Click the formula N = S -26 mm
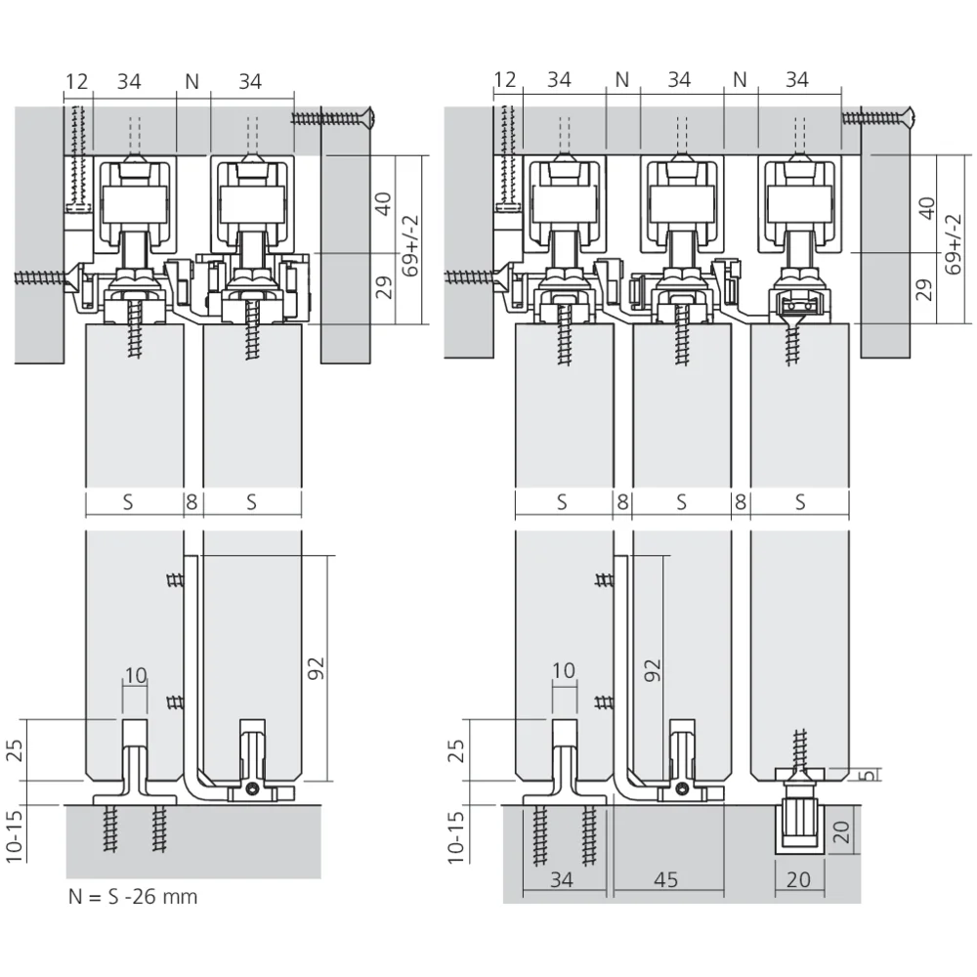click(x=133, y=897)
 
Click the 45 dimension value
click(x=665, y=880)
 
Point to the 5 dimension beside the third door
click(x=871, y=774)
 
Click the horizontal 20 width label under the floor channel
click(x=798, y=880)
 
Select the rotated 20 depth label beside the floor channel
click(x=841, y=831)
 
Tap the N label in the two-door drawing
click(x=191, y=82)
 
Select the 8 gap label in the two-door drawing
click(x=191, y=502)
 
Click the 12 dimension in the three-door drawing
click(x=505, y=80)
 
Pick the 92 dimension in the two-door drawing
click(x=317, y=668)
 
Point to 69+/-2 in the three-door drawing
click(x=954, y=245)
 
